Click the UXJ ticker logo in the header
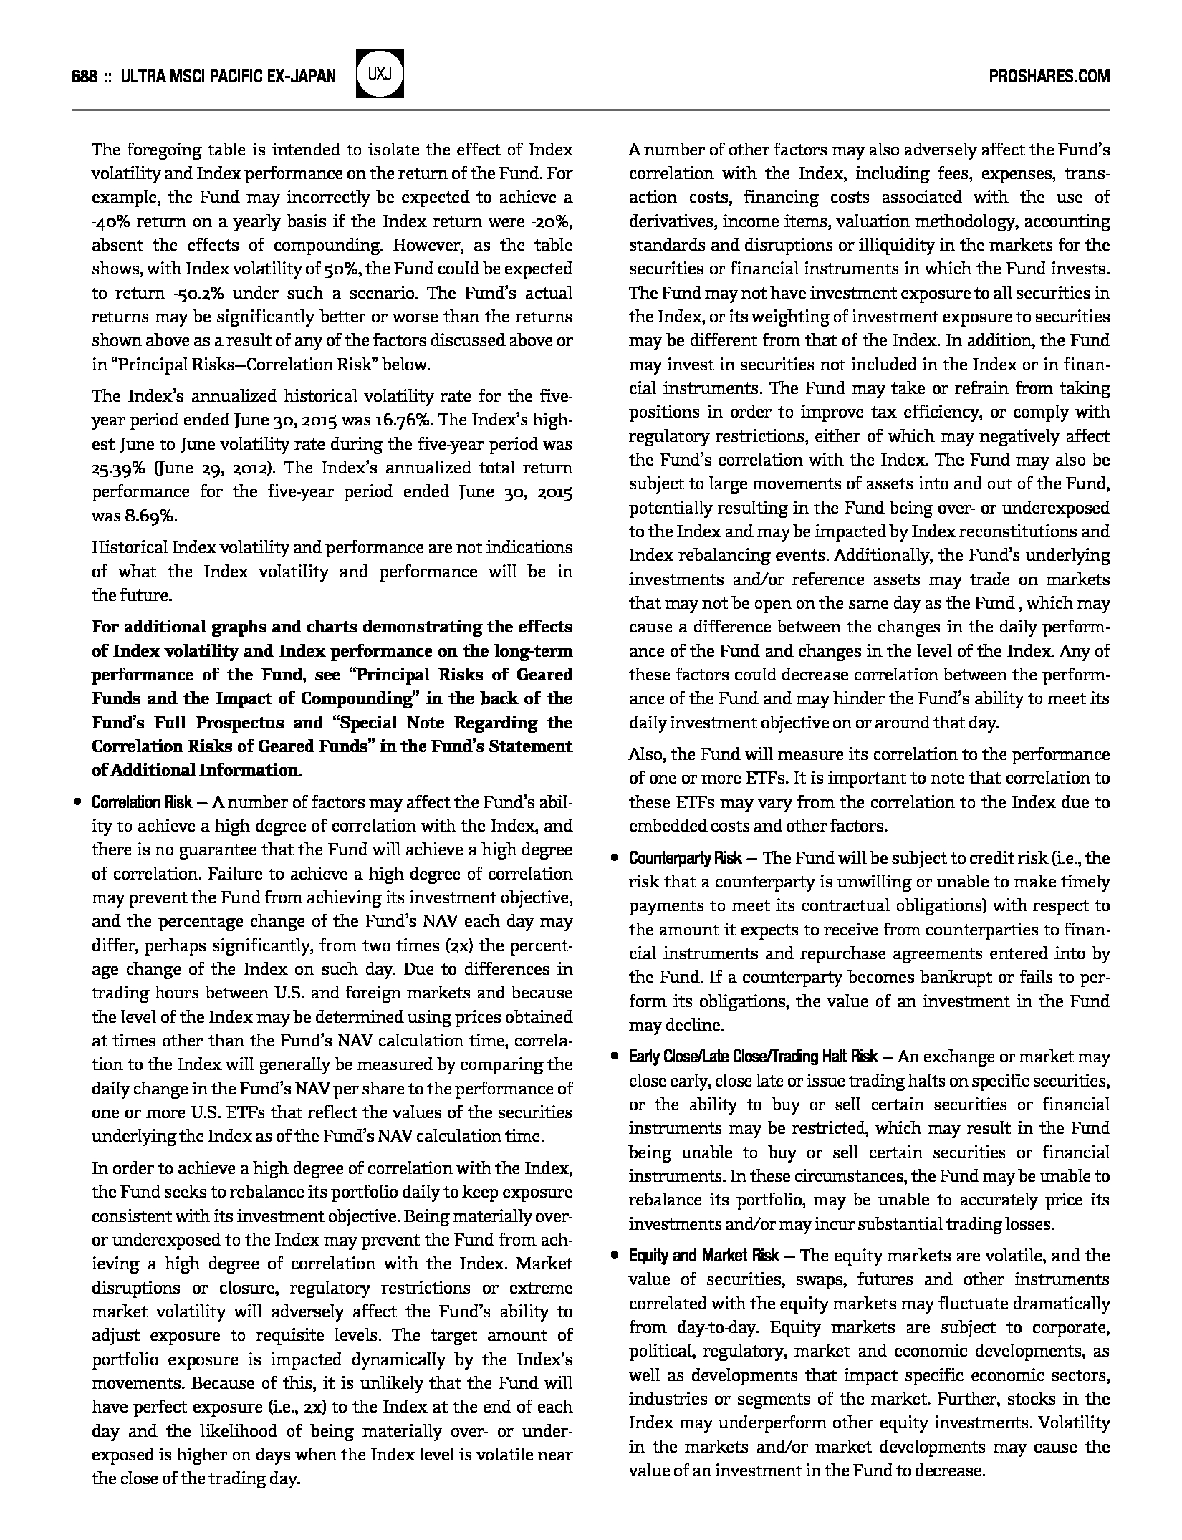(380, 74)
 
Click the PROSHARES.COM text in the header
(1049, 77)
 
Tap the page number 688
(85, 77)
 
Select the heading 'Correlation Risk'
(142, 802)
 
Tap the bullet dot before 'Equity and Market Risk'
(614, 1256)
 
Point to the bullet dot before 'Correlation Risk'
(77, 802)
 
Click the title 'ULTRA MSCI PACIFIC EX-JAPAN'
(229, 77)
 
